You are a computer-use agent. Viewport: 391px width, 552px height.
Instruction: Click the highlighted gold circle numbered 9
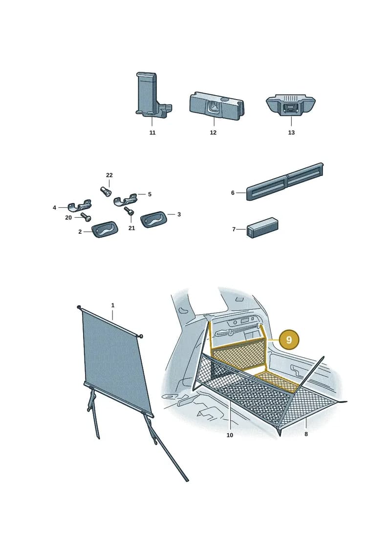289,340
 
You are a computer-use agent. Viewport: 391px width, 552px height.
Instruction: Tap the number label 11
152,133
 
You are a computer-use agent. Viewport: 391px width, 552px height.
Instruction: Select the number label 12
213,133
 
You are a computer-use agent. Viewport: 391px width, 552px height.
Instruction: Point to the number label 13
291,133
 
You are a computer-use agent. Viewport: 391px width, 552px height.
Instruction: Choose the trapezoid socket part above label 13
291,104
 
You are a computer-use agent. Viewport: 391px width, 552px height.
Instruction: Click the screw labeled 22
106,193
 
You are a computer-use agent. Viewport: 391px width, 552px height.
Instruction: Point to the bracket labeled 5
126,199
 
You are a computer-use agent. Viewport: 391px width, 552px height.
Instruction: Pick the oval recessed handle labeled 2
105,229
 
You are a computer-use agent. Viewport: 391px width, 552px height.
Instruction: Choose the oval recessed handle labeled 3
154,220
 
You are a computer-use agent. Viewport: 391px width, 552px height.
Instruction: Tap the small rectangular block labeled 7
262,228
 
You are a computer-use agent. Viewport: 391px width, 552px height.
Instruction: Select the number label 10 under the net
230,435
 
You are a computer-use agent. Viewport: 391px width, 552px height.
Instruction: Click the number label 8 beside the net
306,434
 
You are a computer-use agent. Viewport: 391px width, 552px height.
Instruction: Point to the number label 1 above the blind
113,305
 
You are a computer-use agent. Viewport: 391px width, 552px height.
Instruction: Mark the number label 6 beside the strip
233,193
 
